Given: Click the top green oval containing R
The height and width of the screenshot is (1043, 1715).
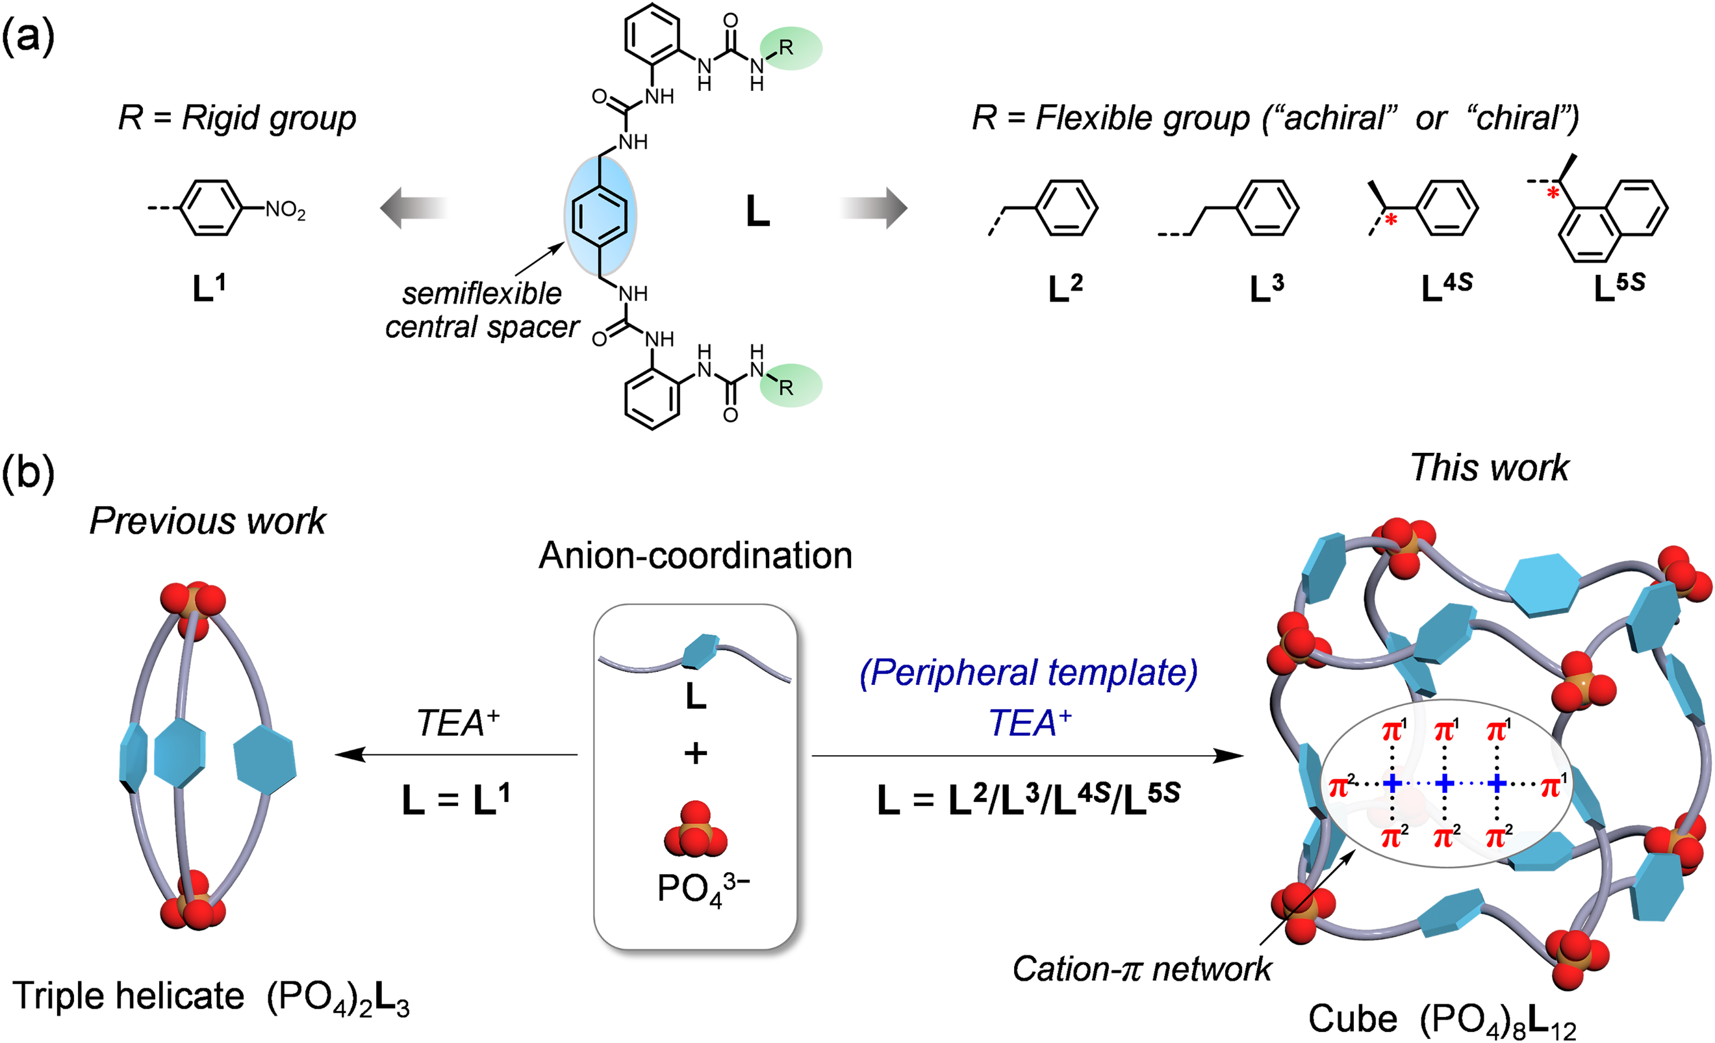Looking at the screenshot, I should click(x=791, y=48).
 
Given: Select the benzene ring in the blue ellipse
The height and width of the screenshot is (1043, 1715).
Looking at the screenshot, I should click(x=600, y=216).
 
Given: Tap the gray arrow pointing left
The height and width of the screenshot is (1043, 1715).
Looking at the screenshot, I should click(x=414, y=207).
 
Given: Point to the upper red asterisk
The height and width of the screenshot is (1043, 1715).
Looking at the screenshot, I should click(x=1552, y=192).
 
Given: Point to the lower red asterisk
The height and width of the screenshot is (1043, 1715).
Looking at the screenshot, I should click(x=1391, y=220).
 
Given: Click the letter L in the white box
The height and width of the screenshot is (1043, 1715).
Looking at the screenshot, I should click(x=695, y=695).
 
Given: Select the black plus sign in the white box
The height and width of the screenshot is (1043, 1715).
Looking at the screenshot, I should click(x=695, y=753).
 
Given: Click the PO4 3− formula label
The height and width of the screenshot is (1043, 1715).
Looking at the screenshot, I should click(x=702, y=889).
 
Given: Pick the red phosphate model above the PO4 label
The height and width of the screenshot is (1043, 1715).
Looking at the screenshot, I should click(x=695, y=830).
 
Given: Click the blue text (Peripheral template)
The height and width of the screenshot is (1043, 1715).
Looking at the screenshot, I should click(x=1029, y=673).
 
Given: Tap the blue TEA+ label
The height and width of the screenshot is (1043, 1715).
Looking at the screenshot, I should click(x=1029, y=723).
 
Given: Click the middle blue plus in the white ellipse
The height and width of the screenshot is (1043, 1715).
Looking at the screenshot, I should click(x=1444, y=784).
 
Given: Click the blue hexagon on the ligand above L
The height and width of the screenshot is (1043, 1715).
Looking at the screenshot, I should click(x=700, y=650).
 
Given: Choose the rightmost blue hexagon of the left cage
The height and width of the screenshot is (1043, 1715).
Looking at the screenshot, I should click(x=264, y=760).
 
